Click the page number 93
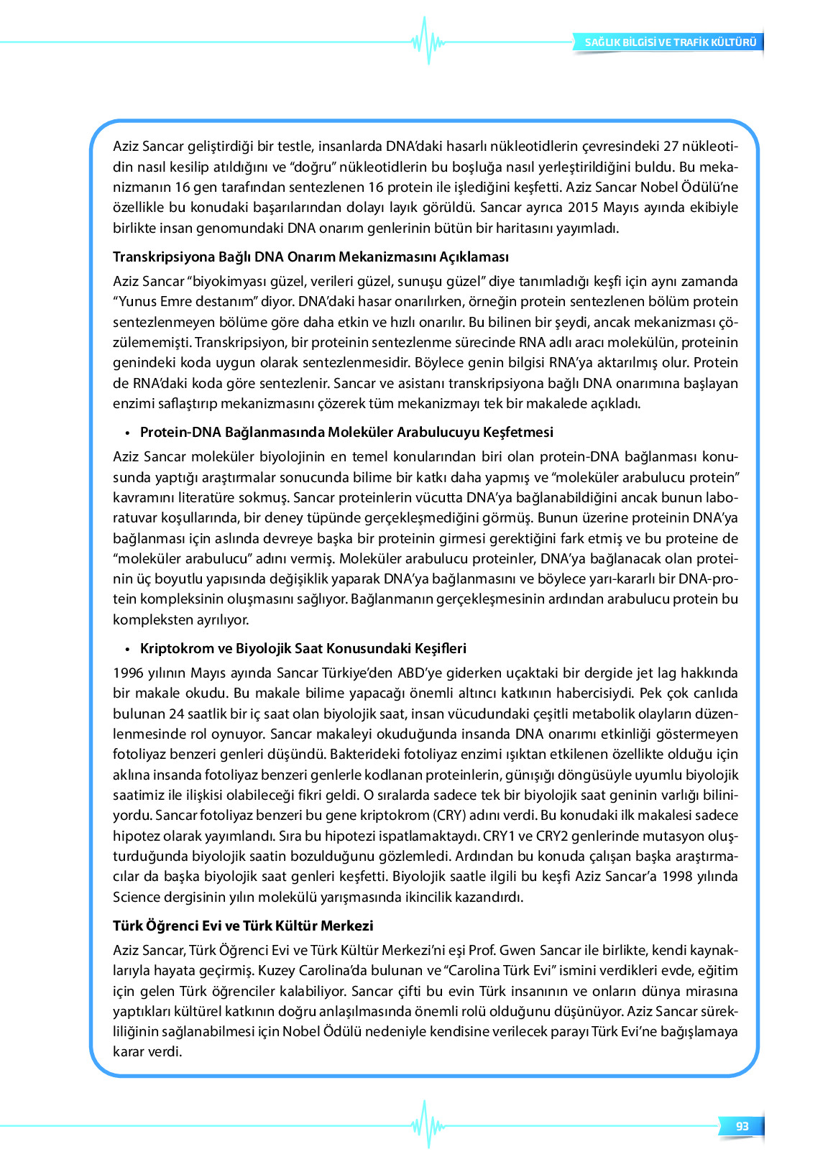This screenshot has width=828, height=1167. click(742, 1126)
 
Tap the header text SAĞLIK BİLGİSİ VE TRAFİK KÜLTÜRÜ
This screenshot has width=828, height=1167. click(670, 42)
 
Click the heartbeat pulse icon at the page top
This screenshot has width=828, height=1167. click(428, 41)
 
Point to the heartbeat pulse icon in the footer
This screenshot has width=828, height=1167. click(428, 1125)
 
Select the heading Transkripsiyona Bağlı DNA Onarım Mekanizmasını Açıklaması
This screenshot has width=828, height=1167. click(310, 257)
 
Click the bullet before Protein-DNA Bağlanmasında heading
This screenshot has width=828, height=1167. click(126, 433)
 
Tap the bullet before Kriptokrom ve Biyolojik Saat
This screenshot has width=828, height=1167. click(126, 650)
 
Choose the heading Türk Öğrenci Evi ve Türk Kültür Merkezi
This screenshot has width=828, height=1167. click(243, 926)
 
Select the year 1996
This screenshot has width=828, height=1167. click(129, 673)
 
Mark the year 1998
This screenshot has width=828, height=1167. click(677, 877)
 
